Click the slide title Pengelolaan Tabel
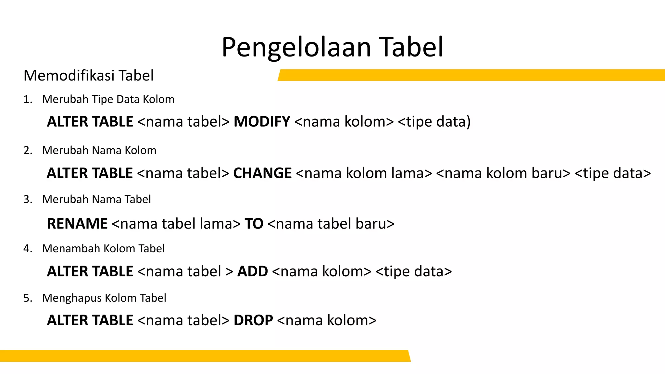pos(332,47)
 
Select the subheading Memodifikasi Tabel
pos(89,76)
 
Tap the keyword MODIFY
pos(262,122)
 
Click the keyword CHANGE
pos(262,173)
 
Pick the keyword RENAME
pos(77,224)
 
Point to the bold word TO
pos(254,224)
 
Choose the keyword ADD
pos(253,271)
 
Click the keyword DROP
pos(253,320)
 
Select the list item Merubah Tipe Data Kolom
pos(108,99)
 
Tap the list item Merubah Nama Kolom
pos(99,150)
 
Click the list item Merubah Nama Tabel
pos(96,199)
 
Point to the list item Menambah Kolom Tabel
pos(103,249)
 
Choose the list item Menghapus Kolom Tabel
pos(104,298)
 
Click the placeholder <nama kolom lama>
pos(364,173)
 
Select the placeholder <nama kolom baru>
pos(503,173)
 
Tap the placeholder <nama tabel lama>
pos(176,224)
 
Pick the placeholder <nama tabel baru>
pos(331,224)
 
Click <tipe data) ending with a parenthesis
pos(434,122)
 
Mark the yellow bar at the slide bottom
pos(205,356)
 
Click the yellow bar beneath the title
pos(471,75)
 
